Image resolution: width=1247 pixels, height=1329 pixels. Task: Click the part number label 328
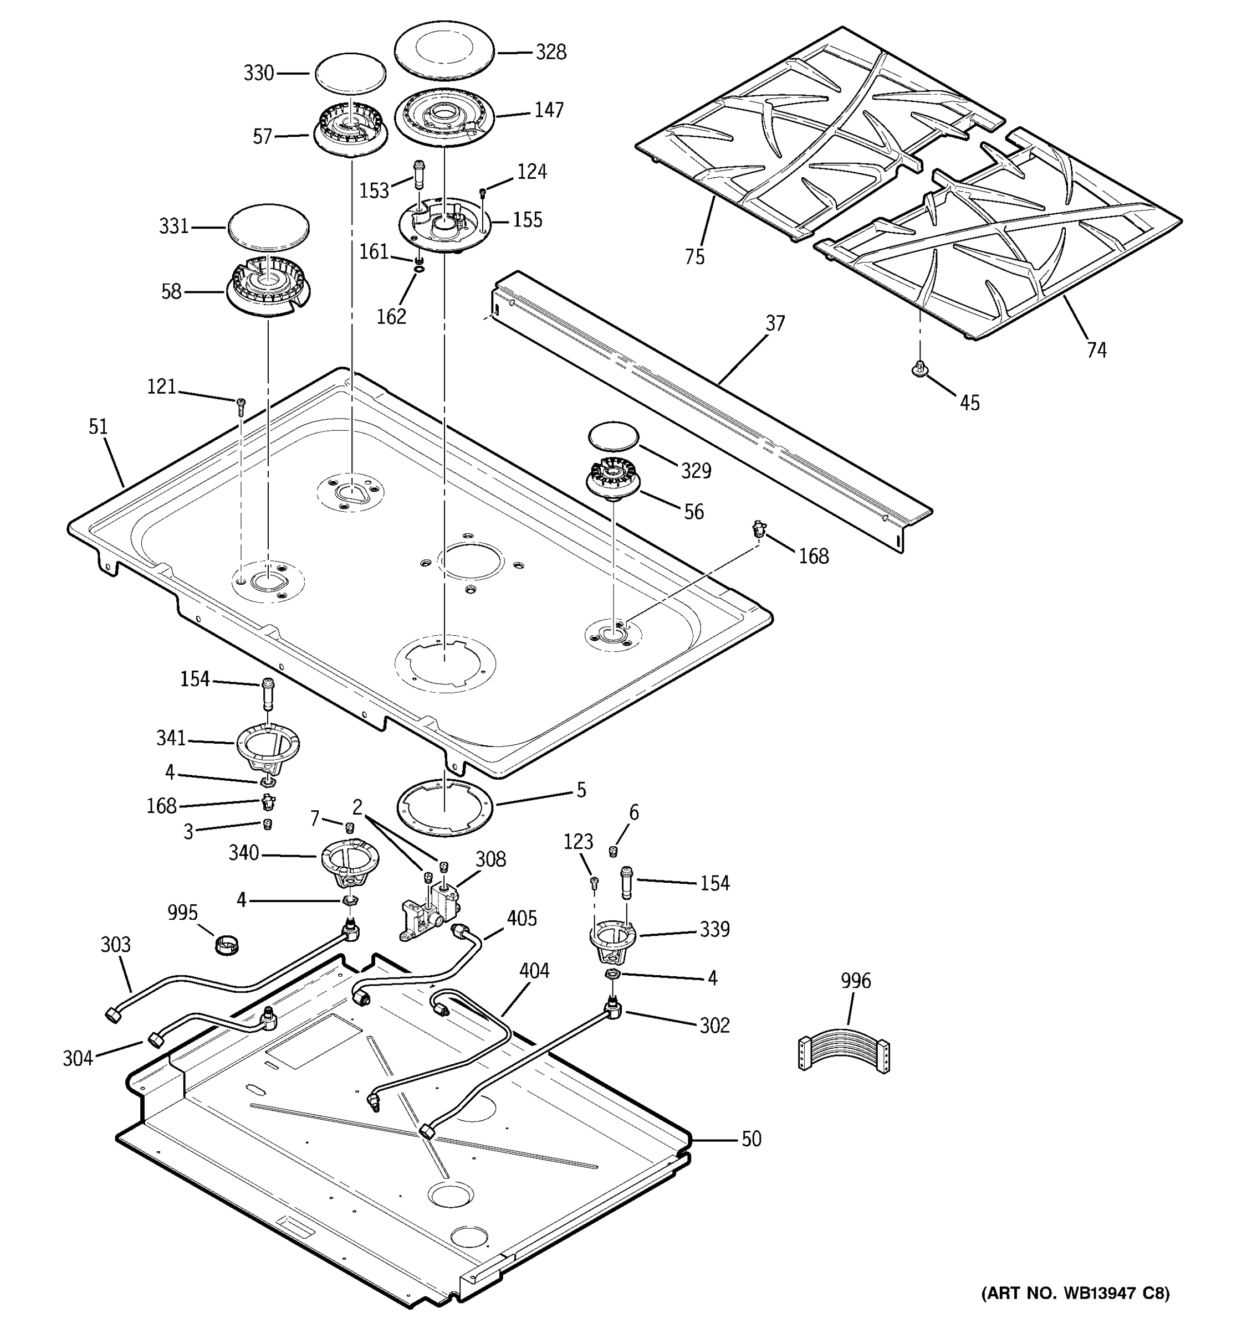(550, 52)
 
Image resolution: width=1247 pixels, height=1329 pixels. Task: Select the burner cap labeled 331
(268, 226)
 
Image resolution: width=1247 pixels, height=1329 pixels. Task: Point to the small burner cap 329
(613, 435)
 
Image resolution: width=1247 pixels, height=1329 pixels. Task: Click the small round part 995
(227, 945)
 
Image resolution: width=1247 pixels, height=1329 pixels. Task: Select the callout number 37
(775, 323)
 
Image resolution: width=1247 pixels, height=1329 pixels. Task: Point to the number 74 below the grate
(1096, 349)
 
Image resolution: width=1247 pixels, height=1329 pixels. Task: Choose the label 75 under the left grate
(694, 257)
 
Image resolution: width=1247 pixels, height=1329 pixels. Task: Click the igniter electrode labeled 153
(420, 175)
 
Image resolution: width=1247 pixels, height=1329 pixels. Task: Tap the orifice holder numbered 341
(268, 748)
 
